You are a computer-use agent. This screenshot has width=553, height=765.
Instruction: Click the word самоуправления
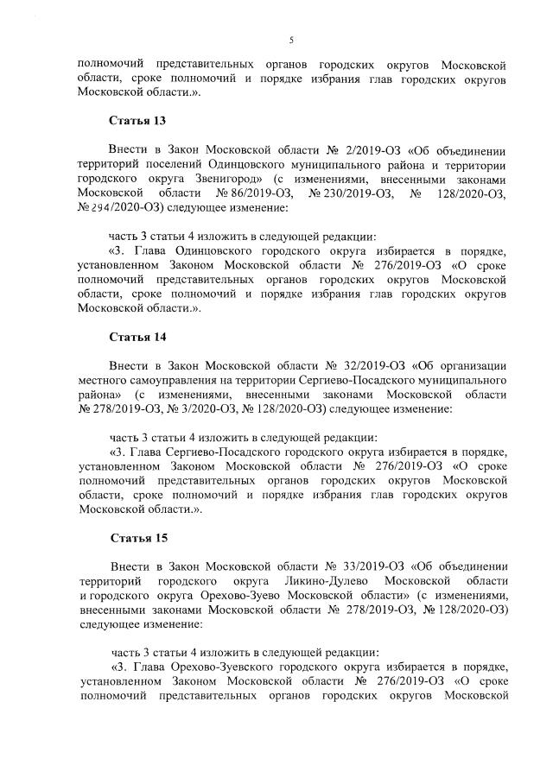pos(164,381)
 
